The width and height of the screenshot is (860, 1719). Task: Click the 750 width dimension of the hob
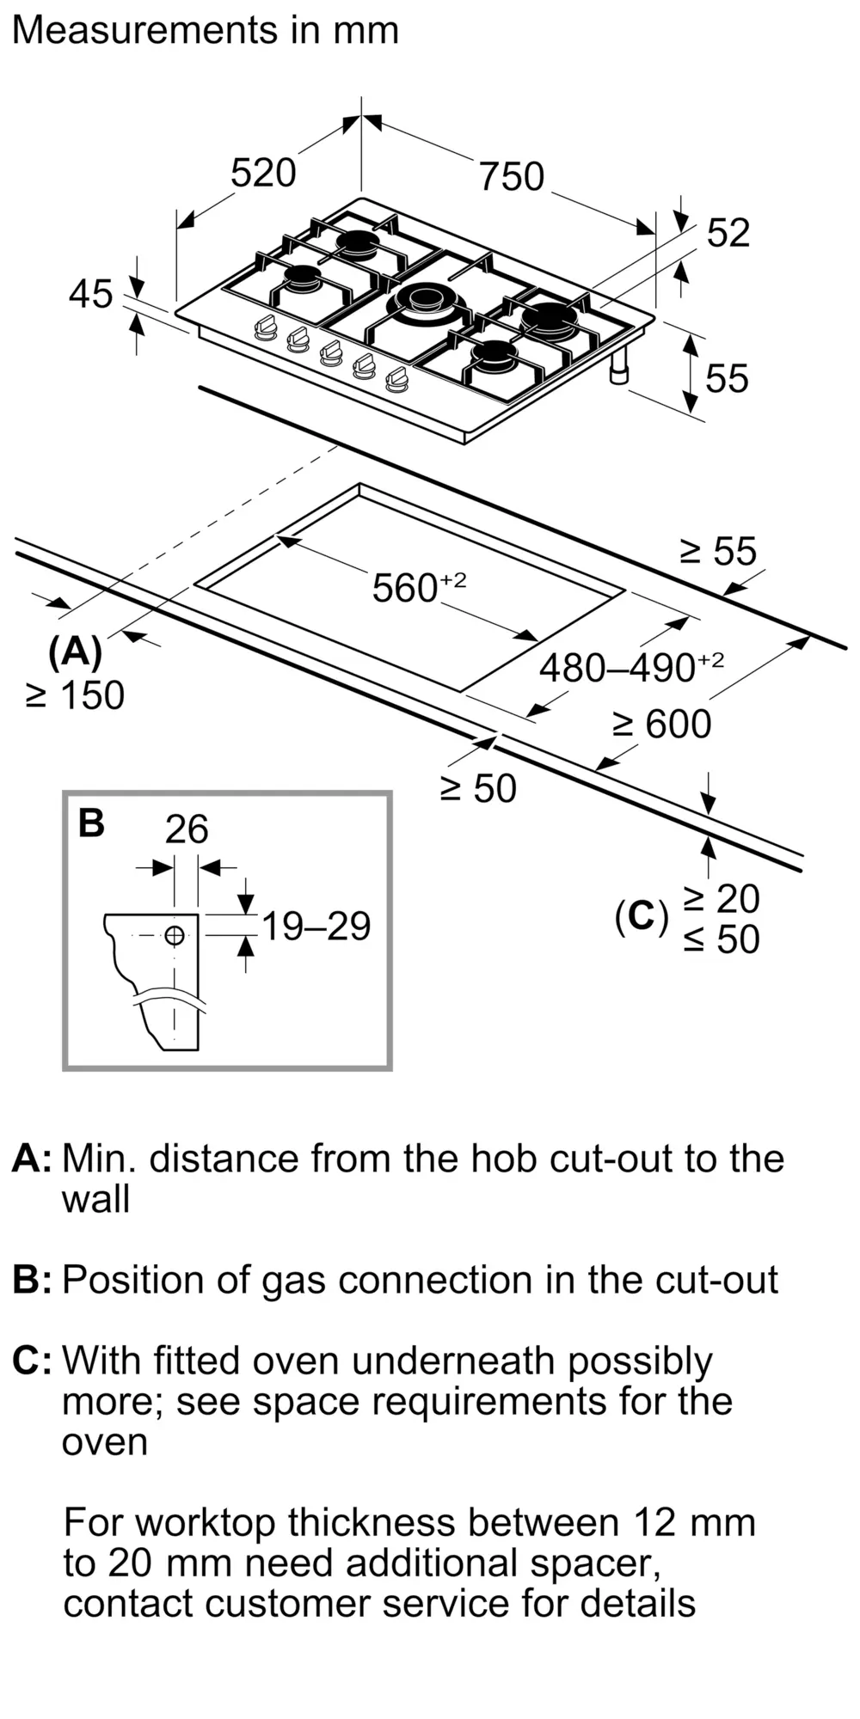[x=512, y=177]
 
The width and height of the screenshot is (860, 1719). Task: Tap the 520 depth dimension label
[x=263, y=173]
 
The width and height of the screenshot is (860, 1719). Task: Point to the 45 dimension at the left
[x=91, y=294]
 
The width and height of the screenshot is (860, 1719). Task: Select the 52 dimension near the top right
[x=728, y=233]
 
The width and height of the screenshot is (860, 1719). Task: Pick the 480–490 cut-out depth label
[x=631, y=667]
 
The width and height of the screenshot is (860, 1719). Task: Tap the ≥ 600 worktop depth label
[x=661, y=725]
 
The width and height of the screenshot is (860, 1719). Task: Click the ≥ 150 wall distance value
[x=76, y=695]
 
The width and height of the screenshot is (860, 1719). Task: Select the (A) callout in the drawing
[x=76, y=653]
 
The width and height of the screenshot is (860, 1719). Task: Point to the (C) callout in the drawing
[x=642, y=917]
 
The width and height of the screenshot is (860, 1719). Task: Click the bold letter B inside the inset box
[x=91, y=823]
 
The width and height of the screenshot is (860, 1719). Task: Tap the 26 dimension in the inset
[x=187, y=829]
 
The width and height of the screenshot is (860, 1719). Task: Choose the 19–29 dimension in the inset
[x=316, y=927]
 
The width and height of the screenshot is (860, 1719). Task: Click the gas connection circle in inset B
[x=175, y=935]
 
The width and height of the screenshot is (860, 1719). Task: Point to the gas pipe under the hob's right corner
[x=619, y=367]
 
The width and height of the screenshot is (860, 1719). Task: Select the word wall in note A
[x=95, y=1200]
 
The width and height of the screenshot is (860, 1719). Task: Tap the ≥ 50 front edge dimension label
[x=478, y=789]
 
